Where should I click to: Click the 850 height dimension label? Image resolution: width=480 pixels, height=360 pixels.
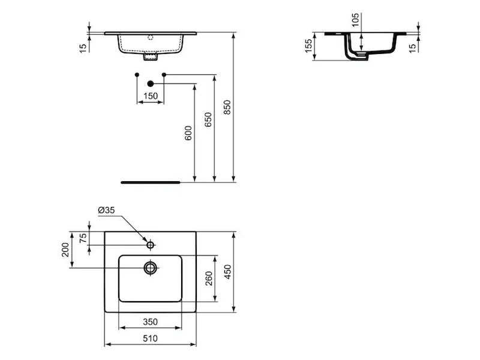(227, 107)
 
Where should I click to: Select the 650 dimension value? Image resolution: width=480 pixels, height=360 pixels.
(208, 119)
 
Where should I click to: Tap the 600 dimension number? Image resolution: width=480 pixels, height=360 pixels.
(188, 133)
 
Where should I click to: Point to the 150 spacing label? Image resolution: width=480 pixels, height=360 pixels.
(151, 96)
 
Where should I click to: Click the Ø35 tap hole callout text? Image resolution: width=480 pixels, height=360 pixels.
(106, 210)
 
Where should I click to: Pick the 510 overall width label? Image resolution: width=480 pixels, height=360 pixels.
(151, 338)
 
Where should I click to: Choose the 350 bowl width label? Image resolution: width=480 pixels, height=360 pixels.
(151, 322)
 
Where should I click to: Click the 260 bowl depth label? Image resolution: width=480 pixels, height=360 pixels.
(209, 278)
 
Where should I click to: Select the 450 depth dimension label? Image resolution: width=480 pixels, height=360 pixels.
(228, 272)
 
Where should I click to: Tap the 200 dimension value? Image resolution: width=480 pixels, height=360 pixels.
(65, 250)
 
